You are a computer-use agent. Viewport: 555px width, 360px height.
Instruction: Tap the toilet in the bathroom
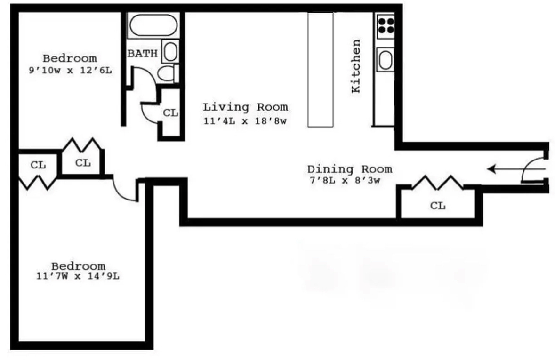[x=166, y=73]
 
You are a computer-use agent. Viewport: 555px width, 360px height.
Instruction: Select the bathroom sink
[x=170, y=51]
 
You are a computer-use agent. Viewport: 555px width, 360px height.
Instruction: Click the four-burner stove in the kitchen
[x=386, y=25]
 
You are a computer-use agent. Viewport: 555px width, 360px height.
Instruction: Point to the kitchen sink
[x=386, y=60]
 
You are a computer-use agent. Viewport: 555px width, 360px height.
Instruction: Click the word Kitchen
[x=356, y=66]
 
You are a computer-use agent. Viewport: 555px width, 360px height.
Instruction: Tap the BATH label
[x=142, y=54]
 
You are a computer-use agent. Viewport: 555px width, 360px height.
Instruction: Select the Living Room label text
[x=245, y=107]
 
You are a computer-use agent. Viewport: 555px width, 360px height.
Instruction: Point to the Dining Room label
[x=349, y=169]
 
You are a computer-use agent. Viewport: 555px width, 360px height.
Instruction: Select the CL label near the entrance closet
[x=438, y=206]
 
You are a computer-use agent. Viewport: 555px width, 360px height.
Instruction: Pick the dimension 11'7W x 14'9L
[x=78, y=276]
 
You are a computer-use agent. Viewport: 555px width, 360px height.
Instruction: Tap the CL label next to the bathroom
[x=170, y=113]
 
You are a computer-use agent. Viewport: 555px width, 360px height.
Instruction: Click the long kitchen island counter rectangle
[x=321, y=69]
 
